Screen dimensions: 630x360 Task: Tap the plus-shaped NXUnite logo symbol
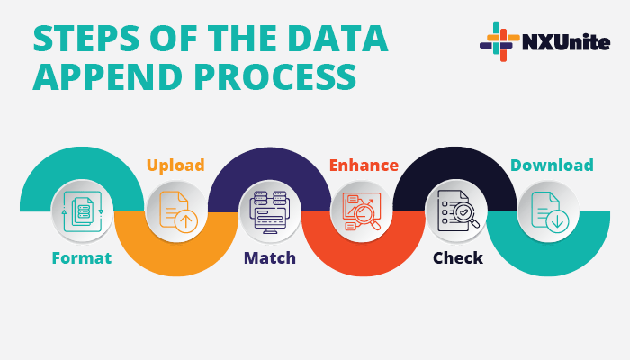point(499,42)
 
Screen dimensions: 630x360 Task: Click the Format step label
point(81,258)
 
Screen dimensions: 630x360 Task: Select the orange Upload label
point(175,166)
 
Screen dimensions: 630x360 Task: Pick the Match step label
point(270,258)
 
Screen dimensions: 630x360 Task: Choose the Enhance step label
point(364,166)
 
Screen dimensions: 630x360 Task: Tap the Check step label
point(458,258)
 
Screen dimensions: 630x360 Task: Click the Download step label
point(552,166)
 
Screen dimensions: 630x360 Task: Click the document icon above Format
point(82,211)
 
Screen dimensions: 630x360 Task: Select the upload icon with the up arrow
point(176,212)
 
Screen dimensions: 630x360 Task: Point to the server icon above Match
point(270,211)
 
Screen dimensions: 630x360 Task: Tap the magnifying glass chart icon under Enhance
point(363,211)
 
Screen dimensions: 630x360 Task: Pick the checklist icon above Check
point(457,211)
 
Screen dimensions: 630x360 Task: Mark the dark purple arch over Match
point(270,162)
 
